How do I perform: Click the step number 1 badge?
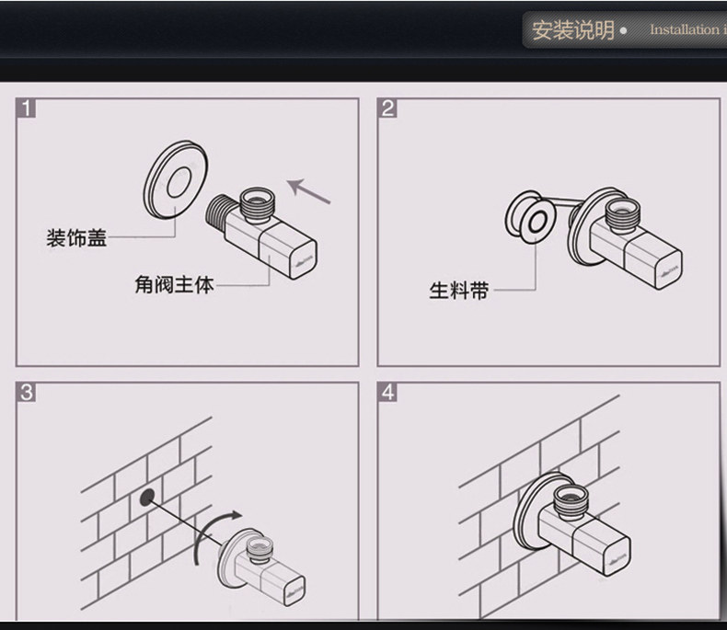[x=27, y=109]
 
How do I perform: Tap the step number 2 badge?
[x=387, y=109]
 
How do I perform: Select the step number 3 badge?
[x=27, y=393]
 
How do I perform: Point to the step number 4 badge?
[x=387, y=393]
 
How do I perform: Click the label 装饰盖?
[x=76, y=239]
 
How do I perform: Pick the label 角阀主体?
[x=174, y=285]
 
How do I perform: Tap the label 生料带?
[x=458, y=292]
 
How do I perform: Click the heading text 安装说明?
[x=572, y=30]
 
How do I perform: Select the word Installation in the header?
[x=683, y=30]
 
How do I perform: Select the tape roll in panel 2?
[x=529, y=218]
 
